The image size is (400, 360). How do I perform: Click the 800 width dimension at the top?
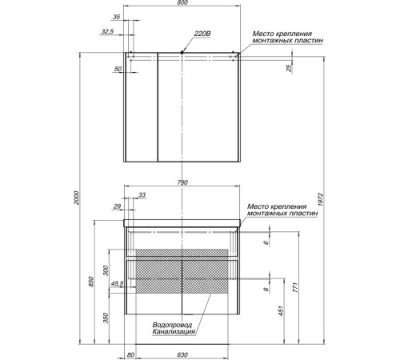(x=182, y=2)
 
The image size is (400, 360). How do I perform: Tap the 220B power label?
(x=202, y=34)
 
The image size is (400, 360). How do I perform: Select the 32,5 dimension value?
(x=107, y=31)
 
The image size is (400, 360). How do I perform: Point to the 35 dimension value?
(x=117, y=17)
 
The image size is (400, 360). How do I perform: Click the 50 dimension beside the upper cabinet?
(x=118, y=69)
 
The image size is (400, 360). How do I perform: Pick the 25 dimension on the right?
(x=289, y=68)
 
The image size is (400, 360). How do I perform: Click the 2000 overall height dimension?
(x=77, y=198)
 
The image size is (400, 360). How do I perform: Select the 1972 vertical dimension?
(x=321, y=199)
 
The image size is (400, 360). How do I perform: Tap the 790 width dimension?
(x=182, y=182)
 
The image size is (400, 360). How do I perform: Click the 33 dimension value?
(x=142, y=195)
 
